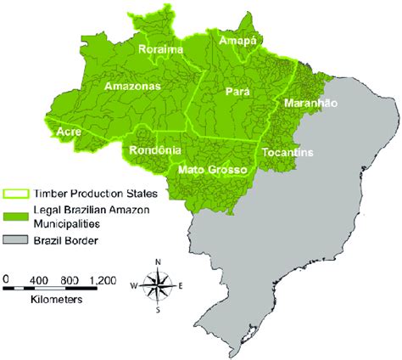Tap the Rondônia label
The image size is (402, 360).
[154, 150]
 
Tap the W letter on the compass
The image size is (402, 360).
[133, 284]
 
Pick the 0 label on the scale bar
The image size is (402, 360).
[6, 278]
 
